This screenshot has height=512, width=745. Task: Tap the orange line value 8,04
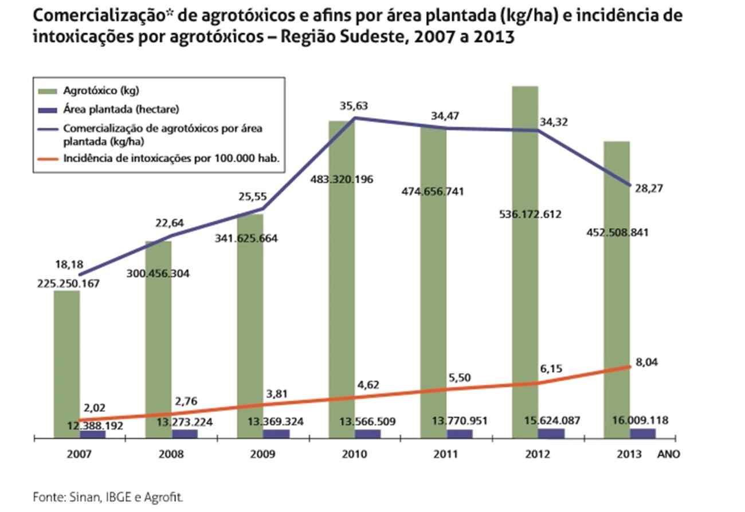pos(648,362)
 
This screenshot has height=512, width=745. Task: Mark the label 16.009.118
pos(639,421)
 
